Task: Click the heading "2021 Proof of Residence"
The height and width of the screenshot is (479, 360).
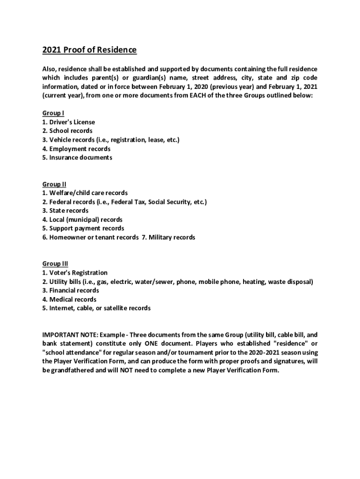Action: (89, 50)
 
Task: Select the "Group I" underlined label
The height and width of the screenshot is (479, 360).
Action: (53, 113)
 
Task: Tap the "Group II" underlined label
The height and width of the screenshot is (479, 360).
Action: (54, 184)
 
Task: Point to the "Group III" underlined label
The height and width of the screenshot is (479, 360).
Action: (55, 264)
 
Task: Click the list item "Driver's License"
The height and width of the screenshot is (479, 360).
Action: (72, 122)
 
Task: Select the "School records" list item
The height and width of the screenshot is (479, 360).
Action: (71, 131)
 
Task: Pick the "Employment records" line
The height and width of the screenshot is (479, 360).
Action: (79, 149)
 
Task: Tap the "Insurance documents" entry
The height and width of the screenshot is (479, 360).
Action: (80, 158)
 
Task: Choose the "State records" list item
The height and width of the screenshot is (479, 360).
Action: (68, 210)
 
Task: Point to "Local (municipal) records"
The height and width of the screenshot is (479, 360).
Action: (86, 219)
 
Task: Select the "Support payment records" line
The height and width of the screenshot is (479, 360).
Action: (86, 228)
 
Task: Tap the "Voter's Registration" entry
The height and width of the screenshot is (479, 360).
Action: (78, 273)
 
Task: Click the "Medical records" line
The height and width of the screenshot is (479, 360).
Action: (72, 299)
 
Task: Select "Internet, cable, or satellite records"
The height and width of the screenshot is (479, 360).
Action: (100, 308)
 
